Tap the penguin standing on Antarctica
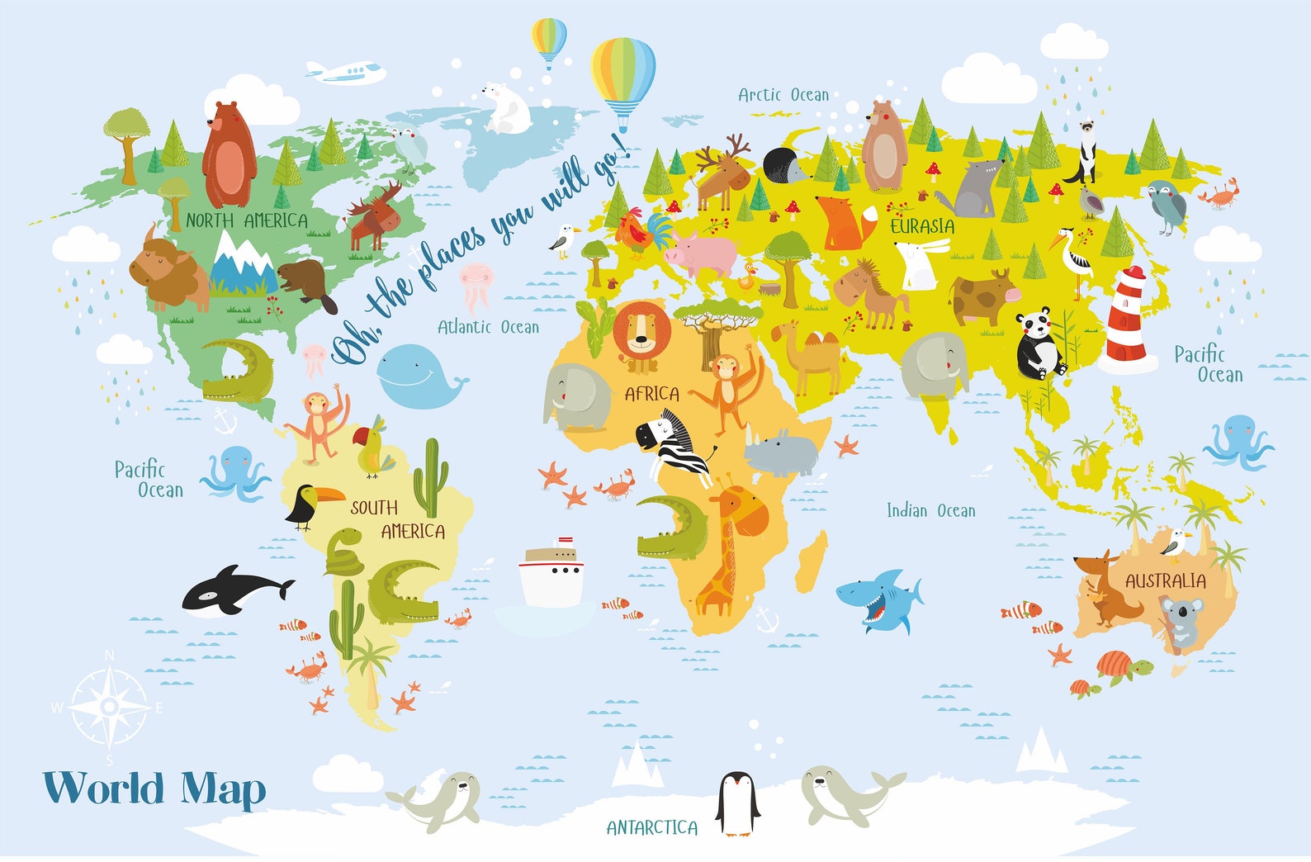(736, 803)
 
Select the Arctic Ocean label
(783, 96)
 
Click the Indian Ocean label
(930, 511)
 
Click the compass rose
(109, 707)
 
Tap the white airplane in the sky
(347, 73)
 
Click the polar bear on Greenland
(506, 108)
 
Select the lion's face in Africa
(641, 330)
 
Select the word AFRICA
(651, 394)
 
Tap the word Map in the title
(224, 789)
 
